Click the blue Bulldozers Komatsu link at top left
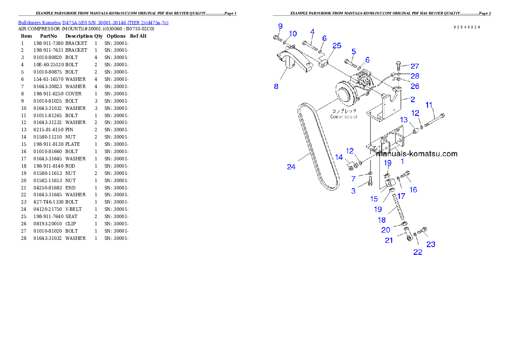tap(93, 22)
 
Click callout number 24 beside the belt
tap(291, 167)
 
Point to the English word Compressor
tap(343, 116)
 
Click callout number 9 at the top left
tap(280, 26)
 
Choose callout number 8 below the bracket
tap(276, 86)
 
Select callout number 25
tap(337, 45)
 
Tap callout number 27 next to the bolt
tap(414, 66)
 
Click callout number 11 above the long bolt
tap(429, 104)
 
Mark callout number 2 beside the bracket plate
tap(412, 99)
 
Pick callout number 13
tap(403, 120)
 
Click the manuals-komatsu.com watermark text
tap(417, 154)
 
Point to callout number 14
tap(339, 157)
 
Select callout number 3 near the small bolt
tap(353, 191)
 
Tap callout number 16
tap(413, 190)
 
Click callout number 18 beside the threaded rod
tap(382, 220)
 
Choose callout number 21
tap(389, 240)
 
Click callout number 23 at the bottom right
tap(431, 244)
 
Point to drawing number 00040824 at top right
tap(467, 27)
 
